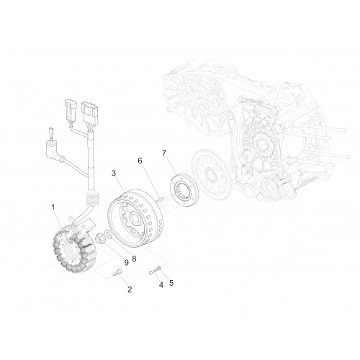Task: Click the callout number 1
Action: pos(53,207)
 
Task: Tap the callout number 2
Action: pos(130,289)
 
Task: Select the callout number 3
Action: pos(114,173)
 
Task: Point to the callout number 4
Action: pos(161,285)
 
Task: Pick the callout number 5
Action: pos(171,283)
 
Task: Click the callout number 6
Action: pos(140,161)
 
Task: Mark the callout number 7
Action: pos(164,153)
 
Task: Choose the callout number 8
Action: pos(134,258)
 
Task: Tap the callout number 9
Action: pos(126,263)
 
